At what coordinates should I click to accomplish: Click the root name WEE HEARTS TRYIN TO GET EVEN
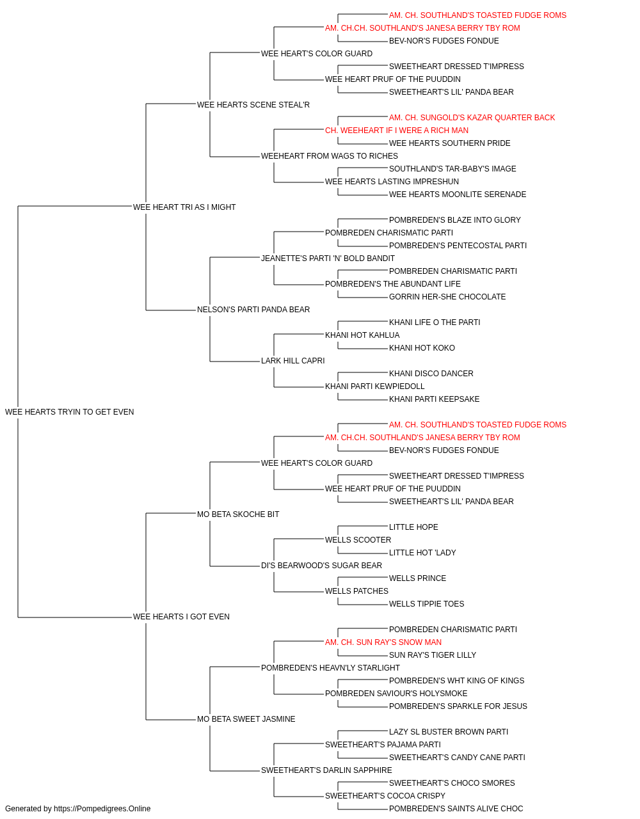69,412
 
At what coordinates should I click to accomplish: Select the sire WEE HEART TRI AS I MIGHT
184,207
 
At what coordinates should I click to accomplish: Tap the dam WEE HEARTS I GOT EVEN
181,617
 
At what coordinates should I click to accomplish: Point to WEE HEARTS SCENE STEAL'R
253,105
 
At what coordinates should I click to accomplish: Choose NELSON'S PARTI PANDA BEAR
253,310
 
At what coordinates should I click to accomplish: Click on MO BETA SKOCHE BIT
238,514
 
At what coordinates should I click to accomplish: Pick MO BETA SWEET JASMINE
246,719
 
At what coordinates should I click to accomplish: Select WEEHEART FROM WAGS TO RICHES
330,156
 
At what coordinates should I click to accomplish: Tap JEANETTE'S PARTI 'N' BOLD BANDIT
328,258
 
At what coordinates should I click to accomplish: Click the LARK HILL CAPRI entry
293,361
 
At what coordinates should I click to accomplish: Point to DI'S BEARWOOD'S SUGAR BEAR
321,566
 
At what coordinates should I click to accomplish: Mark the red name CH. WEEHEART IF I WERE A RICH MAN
397,131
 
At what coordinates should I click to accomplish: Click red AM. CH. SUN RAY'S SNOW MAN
383,642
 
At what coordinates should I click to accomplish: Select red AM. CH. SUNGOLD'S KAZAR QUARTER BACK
472,118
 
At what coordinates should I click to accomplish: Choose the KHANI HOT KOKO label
422,348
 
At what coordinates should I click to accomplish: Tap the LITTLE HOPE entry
413,527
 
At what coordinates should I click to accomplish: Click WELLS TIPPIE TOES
426,604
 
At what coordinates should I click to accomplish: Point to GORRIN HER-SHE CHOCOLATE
447,297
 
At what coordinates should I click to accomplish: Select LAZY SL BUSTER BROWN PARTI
449,732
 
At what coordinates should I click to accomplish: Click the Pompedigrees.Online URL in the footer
102,809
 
